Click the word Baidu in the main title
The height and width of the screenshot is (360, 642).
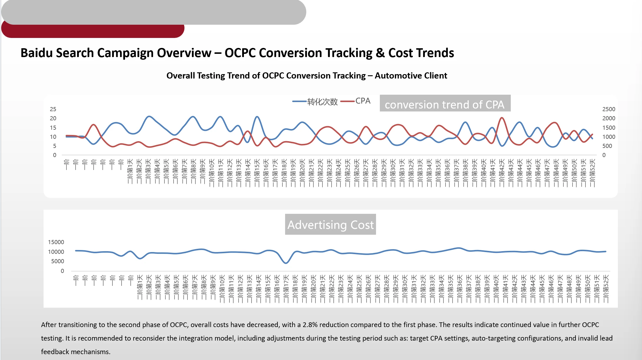pos(36,53)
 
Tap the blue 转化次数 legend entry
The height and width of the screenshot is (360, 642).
pos(315,101)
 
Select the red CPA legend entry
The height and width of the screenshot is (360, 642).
pos(356,101)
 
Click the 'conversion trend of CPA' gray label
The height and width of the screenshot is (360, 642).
pos(445,104)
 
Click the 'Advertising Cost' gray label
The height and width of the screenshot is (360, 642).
pos(330,225)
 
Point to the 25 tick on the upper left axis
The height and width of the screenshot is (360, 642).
pos(53,109)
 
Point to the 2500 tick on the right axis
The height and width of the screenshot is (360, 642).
pos(608,109)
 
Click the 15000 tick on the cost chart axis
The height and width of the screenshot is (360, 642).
pos(56,242)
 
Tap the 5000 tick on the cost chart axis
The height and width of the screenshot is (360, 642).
pos(57,261)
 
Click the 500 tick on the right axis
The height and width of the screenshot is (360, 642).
pos(607,146)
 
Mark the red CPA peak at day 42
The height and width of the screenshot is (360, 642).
pos(502,118)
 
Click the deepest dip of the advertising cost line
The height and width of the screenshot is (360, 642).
pos(286,263)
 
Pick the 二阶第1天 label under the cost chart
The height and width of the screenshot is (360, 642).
pos(140,287)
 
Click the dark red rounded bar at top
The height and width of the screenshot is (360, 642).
pos(93,31)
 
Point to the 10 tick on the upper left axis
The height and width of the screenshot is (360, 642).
pos(53,137)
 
